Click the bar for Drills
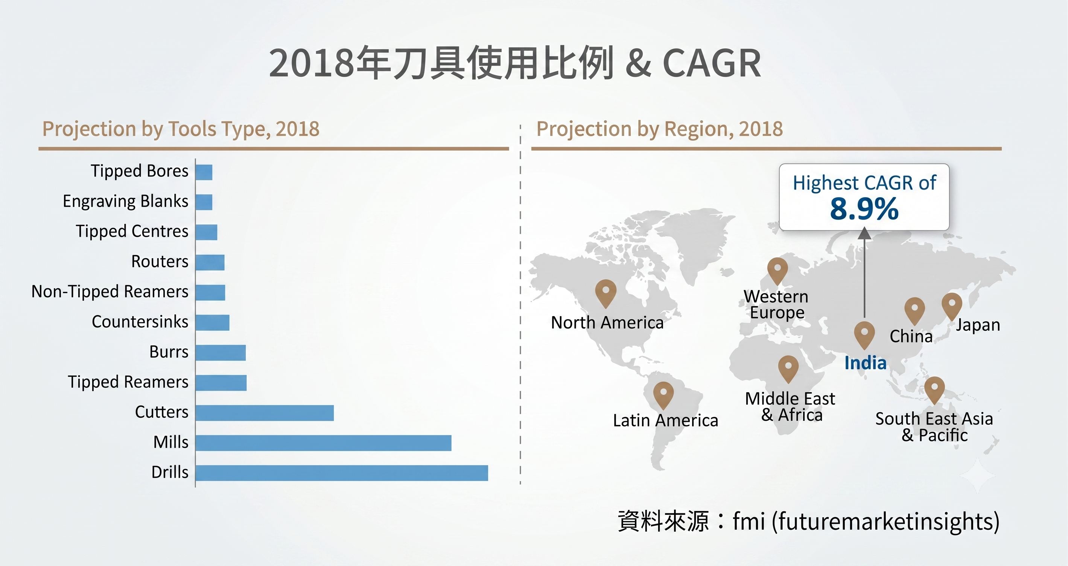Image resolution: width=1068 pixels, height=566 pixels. pos(342,473)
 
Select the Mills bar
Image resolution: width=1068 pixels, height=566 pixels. pos(323,443)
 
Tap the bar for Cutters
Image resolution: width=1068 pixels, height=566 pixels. pos(265,413)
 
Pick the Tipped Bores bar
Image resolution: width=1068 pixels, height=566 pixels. pos(204,172)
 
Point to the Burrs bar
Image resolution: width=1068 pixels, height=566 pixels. pos(221,353)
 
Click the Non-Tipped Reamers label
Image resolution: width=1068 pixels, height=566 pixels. pos(110,292)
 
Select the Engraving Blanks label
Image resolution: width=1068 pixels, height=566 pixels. pos(126,201)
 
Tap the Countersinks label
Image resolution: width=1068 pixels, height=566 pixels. pos(140,322)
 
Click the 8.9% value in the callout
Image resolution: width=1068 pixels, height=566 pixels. pos(864,209)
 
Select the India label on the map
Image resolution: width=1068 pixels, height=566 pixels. pos(866,363)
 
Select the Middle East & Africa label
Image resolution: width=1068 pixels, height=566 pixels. pos(790,407)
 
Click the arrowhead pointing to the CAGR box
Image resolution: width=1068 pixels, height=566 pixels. pos(864,233)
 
